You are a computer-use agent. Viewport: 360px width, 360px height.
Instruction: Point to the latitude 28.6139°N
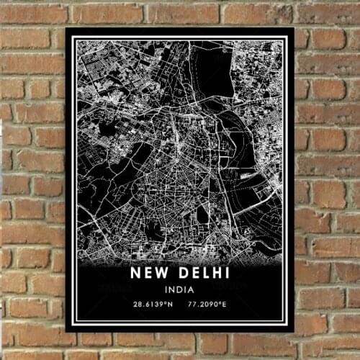coord(153,305)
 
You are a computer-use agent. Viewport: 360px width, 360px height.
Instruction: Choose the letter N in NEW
coord(135,274)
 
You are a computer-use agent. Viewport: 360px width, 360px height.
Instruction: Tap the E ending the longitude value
coord(226,305)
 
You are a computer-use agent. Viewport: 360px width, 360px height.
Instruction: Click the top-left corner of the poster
coord(66,28)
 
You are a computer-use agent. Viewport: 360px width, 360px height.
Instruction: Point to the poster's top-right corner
coord(294,28)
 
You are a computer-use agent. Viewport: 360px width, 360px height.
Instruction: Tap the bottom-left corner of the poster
coord(66,331)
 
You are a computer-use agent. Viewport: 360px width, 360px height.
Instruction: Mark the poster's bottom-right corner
coord(294,331)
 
